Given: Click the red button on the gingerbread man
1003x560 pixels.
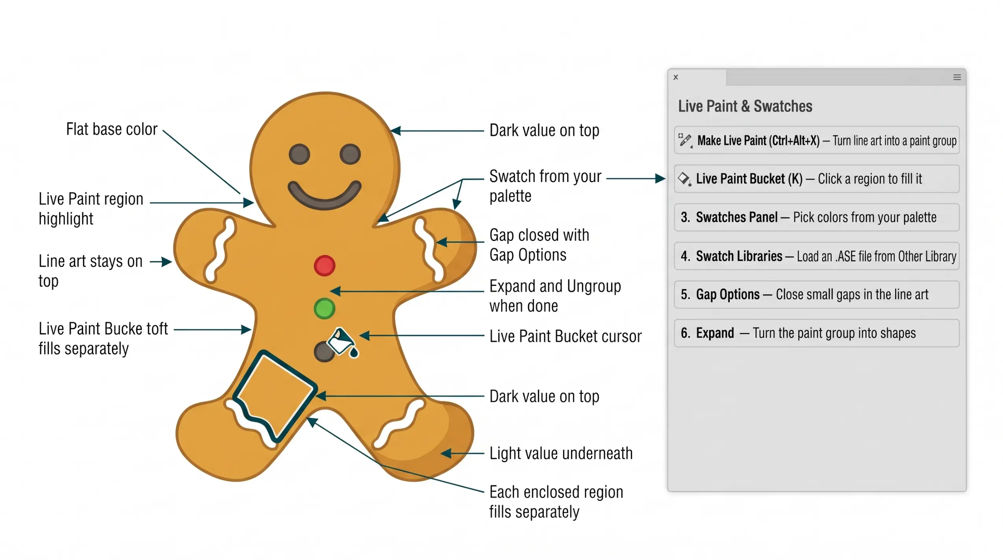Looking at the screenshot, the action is coord(324,266).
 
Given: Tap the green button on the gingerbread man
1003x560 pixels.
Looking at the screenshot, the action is coord(324,308).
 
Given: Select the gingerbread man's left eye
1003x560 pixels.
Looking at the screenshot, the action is coord(299,154).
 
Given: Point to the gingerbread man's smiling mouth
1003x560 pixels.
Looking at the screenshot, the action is coord(324,195).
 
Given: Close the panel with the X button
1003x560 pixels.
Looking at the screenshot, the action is coord(676,77).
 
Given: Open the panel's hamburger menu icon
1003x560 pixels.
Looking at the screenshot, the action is coord(957,77).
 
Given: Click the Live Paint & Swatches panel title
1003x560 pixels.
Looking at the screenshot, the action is coord(745,106).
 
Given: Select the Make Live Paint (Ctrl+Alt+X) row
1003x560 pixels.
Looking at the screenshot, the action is coord(817,140).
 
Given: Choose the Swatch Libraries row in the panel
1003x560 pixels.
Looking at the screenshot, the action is coord(817,256).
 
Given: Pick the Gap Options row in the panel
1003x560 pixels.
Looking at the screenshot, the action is coord(817,295).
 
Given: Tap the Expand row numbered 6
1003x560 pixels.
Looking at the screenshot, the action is coord(817,333).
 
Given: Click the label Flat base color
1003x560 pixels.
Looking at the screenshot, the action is coord(112,130).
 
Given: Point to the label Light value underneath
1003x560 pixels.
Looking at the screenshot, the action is coord(561,454).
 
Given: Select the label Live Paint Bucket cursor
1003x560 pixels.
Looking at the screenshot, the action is coord(565,337).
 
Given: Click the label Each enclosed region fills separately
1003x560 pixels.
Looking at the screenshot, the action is coord(556,502).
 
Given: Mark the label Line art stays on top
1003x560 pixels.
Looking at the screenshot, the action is coord(90,271).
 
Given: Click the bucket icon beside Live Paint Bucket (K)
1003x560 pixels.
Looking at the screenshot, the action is coord(684,179).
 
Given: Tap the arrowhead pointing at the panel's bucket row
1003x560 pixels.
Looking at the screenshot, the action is coord(660,179).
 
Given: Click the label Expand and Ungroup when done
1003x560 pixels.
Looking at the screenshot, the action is coord(555,296).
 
